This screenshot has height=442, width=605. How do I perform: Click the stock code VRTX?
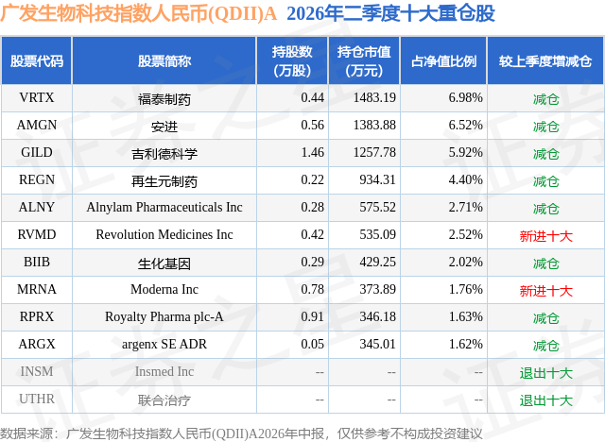pos(37,98)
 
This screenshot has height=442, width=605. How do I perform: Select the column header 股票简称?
pos(164,60)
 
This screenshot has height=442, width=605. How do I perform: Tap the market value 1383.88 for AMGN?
pos(374,126)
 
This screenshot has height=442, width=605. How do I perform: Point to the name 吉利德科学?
pos(164,154)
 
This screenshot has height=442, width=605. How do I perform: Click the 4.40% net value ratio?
pos(465,180)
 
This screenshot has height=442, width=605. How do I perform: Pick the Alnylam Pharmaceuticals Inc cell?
pos(164,208)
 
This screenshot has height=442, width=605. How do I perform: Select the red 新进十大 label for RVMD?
pos(545,236)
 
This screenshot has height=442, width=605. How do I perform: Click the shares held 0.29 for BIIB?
pos(313,262)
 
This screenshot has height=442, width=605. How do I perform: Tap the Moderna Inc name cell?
pos(164,289)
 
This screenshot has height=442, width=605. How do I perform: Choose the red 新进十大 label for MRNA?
pos(545,291)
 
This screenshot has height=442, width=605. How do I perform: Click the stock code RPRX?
pos(37,316)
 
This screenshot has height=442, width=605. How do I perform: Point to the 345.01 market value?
pos(378,344)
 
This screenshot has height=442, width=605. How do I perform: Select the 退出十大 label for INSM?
pos(545,373)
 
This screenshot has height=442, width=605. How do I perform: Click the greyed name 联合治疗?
pos(164,400)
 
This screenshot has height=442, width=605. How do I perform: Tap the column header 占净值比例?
pos(443,60)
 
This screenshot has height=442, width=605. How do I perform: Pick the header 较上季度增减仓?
pos(545,60)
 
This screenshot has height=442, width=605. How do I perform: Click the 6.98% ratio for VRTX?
pos(465,98)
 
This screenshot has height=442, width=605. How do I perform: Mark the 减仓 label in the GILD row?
pos(545,154)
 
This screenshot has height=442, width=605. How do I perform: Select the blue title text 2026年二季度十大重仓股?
pos(390,13)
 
